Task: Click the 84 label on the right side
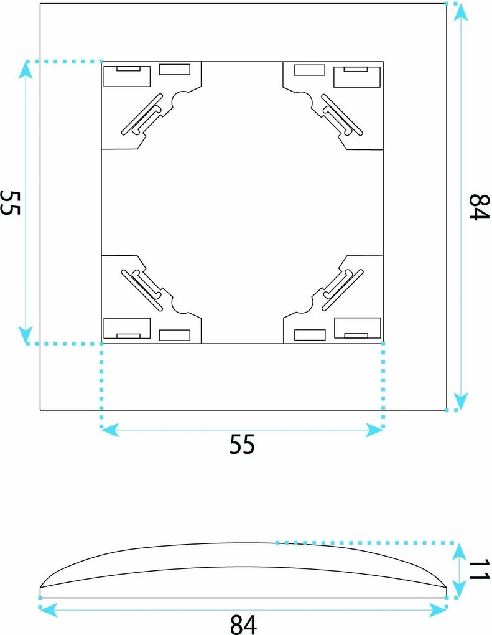479,207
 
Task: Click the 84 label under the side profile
243,624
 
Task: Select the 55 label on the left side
10,202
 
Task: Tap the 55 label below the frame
242,444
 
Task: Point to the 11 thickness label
480,570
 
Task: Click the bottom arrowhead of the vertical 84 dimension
460,402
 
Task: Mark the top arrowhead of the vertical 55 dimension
26,70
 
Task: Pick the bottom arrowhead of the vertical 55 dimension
26,335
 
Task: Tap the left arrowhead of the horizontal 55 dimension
110,430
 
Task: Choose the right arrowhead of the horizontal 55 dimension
374,430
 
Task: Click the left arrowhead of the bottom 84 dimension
49,609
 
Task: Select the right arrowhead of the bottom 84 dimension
437,609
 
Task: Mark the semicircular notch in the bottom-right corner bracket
304,306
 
